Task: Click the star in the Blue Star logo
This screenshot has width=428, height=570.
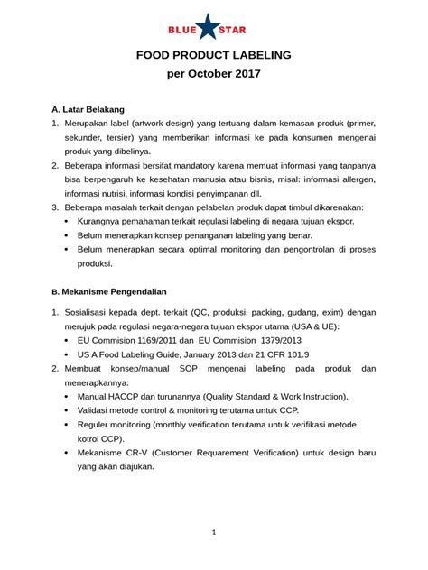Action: point(213,28)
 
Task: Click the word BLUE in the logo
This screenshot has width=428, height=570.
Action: point(182,29)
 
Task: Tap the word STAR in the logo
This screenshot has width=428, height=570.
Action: point(243,29)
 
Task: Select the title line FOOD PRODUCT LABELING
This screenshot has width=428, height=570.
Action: point(213,56)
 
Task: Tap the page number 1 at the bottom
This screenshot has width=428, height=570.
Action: point(214,532)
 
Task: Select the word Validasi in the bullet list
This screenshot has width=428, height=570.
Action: point(96,409)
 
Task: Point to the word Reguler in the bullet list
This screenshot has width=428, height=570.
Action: point(97,425)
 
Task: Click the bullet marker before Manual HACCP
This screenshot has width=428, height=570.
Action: point(70,397)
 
